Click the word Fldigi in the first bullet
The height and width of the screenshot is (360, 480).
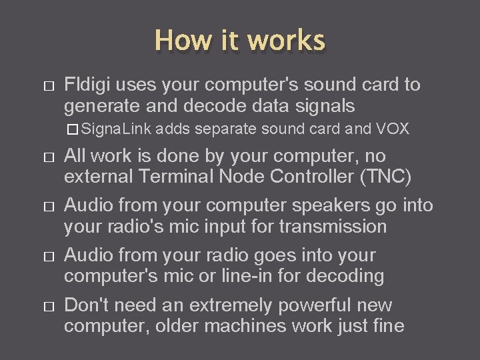point(86,85)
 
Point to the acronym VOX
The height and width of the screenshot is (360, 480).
point(393,129)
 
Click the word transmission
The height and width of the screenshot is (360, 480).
point(333,227)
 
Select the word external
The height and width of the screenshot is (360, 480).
point(97,177)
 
